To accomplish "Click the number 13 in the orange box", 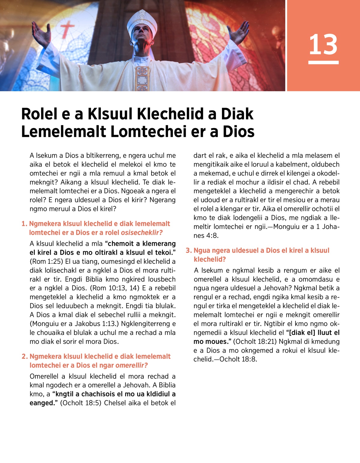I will coord(323,44).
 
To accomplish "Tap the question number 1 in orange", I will coord(24,224).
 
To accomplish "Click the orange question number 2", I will coord(25,356).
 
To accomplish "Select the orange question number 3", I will coord(188,251).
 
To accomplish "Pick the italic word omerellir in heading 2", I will coord(131,365).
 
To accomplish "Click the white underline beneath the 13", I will coord(323,62).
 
